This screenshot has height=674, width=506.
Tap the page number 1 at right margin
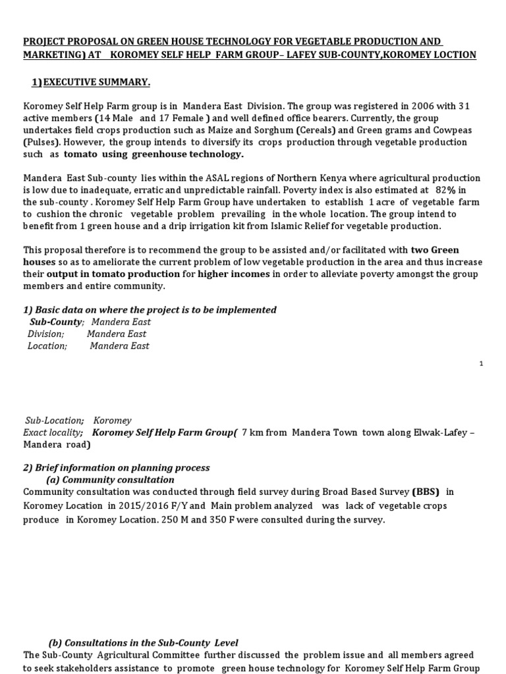(481, 363)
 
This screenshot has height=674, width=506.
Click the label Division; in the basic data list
(46, 334)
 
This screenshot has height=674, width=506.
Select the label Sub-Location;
(55, 420)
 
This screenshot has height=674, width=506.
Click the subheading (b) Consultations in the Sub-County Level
(144, 642)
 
